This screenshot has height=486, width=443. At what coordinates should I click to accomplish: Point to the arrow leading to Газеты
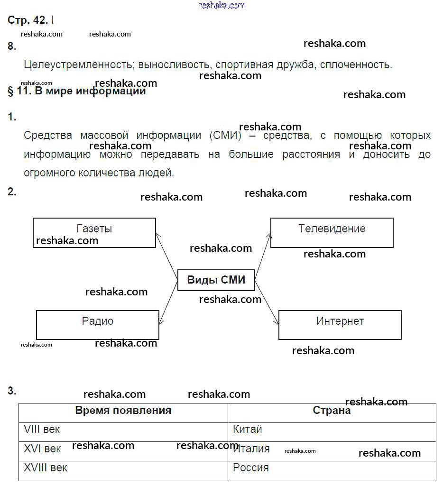pyautogui.click(x=167, y=257)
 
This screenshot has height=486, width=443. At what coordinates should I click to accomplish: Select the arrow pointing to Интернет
pyautogui.click(x=267, y=302)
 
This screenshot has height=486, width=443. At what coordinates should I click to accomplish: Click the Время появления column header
pyautogui.click(x=123, y=410)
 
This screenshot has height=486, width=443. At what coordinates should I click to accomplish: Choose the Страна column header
pyautogui.click(x=332, y=410)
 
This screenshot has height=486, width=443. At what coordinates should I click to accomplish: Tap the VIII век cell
pyautogui.click(x=42, y=429)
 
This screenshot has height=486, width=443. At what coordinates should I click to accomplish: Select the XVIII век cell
pyautogui.click(x=45, y=468)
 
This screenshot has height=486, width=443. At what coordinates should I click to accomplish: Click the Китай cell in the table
pyautogui.click(x=247, y=429)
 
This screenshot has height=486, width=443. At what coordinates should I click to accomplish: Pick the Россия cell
pyautogui.click(x=250, y=468)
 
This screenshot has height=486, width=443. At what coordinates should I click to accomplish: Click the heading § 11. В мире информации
pyautogui.click(x=76, y=91)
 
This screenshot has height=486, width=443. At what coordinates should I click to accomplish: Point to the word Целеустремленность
pyautogui.click(x=79, y=65)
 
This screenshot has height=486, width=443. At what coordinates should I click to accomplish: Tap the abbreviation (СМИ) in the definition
pyautogui.click(x=225, y=136)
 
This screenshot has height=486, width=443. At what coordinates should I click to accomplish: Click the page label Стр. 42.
pyautogui.click(x=28, y=20)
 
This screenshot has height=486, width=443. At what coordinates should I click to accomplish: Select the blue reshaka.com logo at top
pyautogui.click(x=221, y=5)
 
